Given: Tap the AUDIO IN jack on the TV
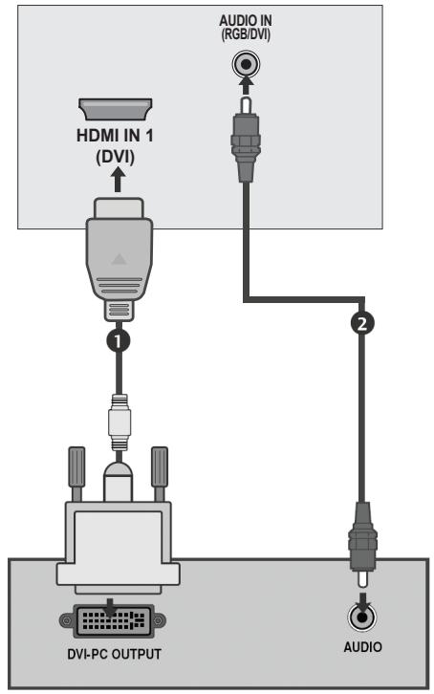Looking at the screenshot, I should pos(247,65).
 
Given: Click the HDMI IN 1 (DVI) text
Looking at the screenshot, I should pos(115,145).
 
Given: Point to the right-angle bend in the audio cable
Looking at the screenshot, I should pos(250,300).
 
